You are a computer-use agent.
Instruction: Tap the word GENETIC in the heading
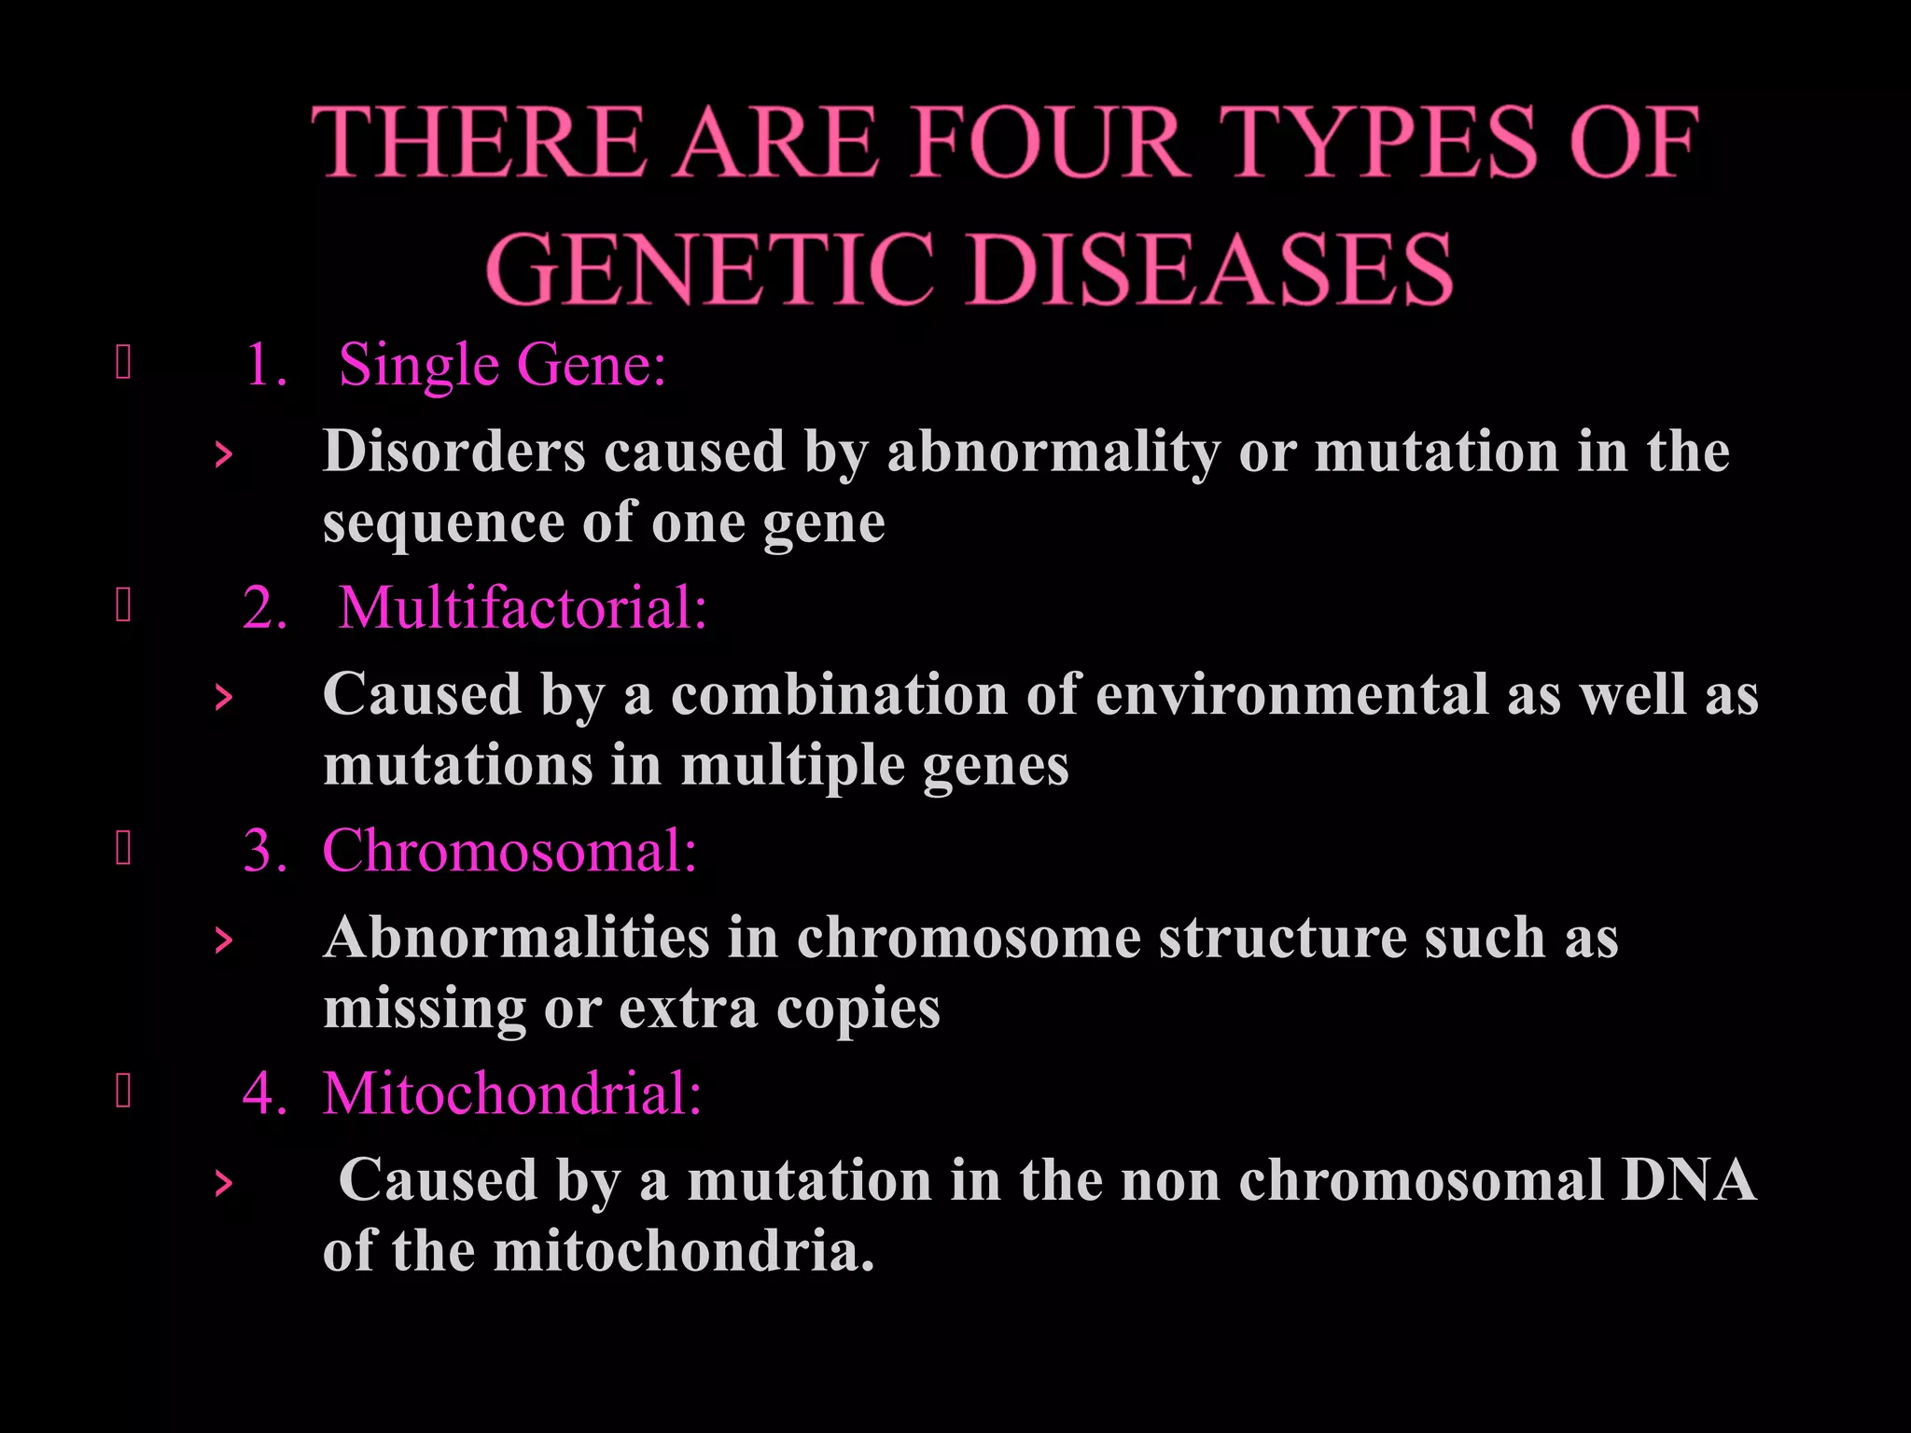click(x=709, y=269)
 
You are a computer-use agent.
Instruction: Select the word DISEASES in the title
click(x=1209, y=269)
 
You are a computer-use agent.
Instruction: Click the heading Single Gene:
click(x=502, y=364)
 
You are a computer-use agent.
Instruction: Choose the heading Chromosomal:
click(x=509, y=851)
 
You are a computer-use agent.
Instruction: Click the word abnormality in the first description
click(x=1053, y=452)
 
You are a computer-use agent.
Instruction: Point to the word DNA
click(x=1689, y=1180)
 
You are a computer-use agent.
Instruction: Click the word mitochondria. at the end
click(x=684, y=1251)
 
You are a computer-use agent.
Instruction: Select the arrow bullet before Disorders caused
click(x=223, y=455)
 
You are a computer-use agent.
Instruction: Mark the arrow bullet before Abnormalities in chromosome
click(x=223, y=940)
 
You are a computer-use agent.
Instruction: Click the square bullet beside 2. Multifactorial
click(x=123, y=606)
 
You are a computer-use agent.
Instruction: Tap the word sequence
click(x=443, y=522)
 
